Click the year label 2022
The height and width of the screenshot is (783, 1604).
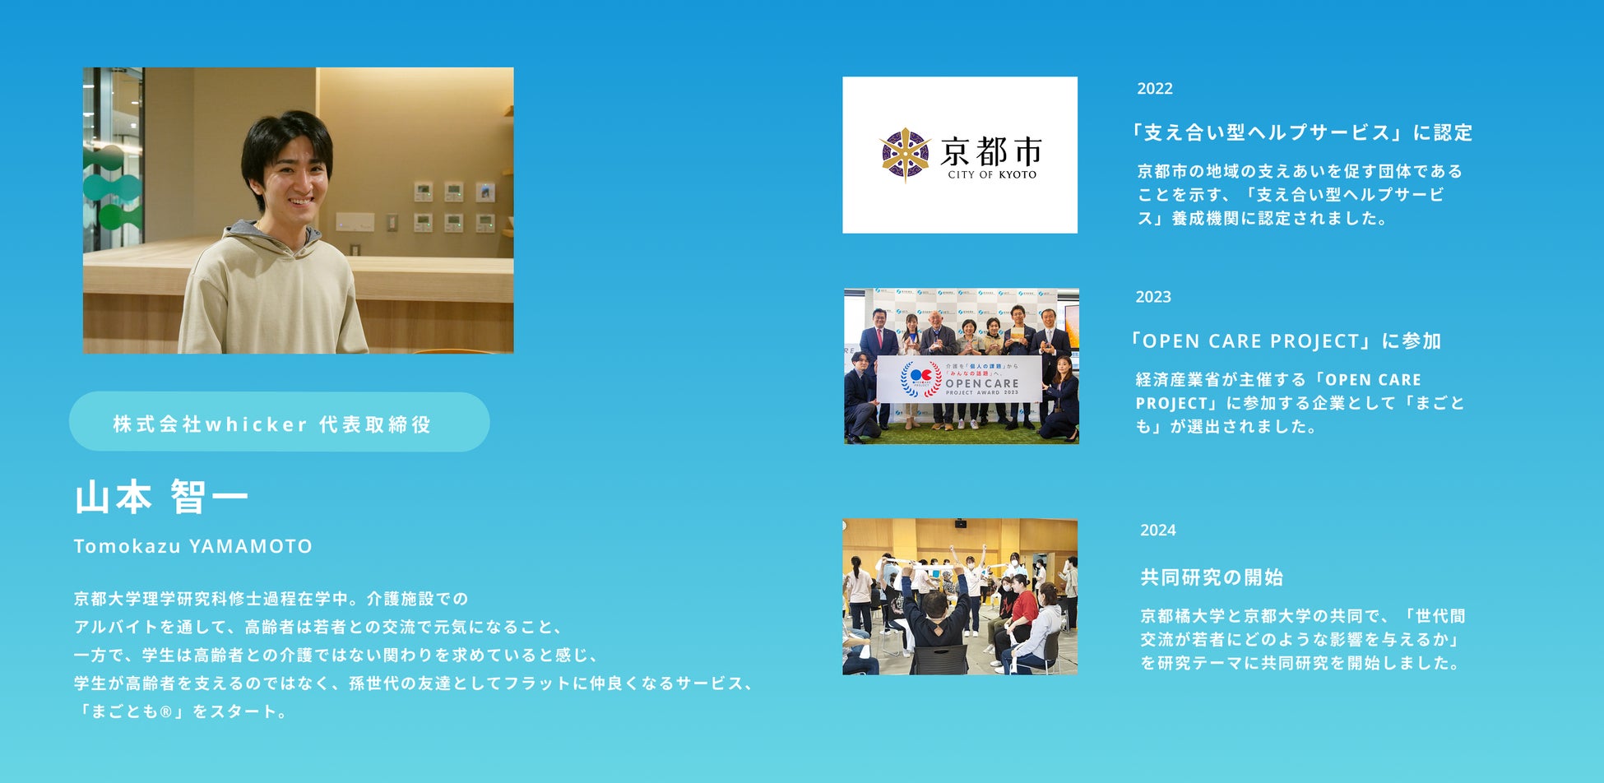point(1155,89)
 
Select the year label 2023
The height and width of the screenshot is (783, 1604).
point(1153,297)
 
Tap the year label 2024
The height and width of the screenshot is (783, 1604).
point(1158,530)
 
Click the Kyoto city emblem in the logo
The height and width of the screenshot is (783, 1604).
point(905,154)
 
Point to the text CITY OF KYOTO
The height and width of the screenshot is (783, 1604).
point(992,174)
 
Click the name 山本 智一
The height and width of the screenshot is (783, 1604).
point(161,498)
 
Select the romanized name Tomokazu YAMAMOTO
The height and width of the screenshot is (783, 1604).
point(193,546)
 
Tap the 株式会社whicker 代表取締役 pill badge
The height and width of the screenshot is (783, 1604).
point(280,422)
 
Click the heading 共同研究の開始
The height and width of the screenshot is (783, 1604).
point(1212,577)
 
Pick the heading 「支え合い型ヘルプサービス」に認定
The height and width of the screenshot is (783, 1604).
point(1300,132)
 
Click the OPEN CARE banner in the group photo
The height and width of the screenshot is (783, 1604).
point(959,379)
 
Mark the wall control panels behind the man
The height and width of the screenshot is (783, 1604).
point(454,207)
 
